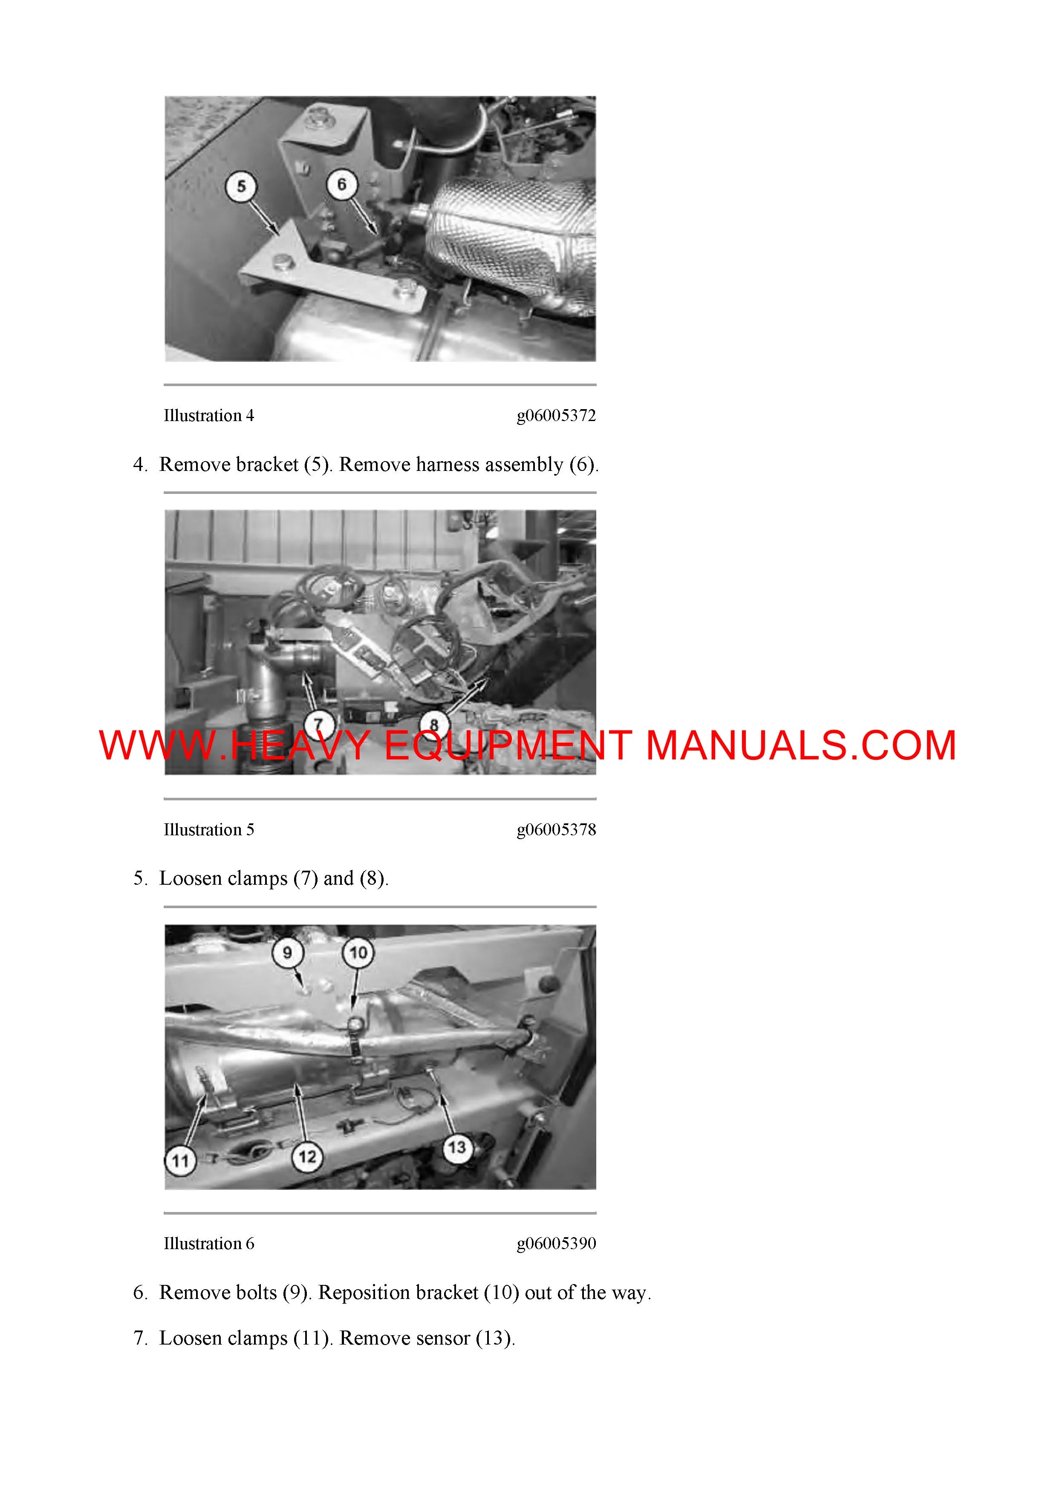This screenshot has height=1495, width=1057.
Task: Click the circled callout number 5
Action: coord(241,186)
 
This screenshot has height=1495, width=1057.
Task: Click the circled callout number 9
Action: coord(287,952)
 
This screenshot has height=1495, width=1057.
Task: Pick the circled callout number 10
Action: coord(358,952)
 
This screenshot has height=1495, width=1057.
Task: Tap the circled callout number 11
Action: coord(180,1160)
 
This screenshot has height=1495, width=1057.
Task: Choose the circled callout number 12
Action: coord(307,1157)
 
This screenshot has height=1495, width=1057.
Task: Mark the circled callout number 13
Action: coord(457,1147)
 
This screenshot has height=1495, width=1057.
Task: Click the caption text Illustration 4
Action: coord(209,416)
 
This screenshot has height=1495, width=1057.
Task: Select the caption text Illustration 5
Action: coord(209,830)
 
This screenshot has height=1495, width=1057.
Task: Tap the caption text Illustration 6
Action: coord(209,1244)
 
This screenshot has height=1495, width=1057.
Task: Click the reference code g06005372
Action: coord(556,416)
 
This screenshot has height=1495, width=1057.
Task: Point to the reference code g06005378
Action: coord(556,830)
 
